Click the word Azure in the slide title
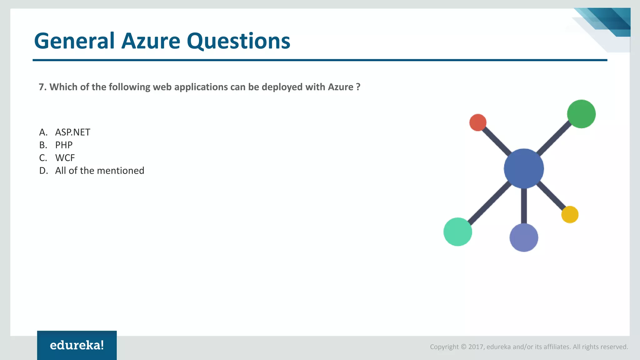click(151, 41)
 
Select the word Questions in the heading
click(238, 41)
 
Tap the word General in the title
click(74, 41)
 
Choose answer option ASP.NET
click(72, 132)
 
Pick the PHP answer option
click(64, 145)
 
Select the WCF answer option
click(65, 158)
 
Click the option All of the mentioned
click(99, 171)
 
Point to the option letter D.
click(43, 171)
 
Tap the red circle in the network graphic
click(478, 122)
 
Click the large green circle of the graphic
click(581, 114)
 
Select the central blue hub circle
click(524, 168)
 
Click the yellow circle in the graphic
click(570, 214)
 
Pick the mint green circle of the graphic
click(457, 232)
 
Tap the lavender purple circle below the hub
click(524, 237)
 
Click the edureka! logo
click(77, 345)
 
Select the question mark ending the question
click(358, 87)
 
